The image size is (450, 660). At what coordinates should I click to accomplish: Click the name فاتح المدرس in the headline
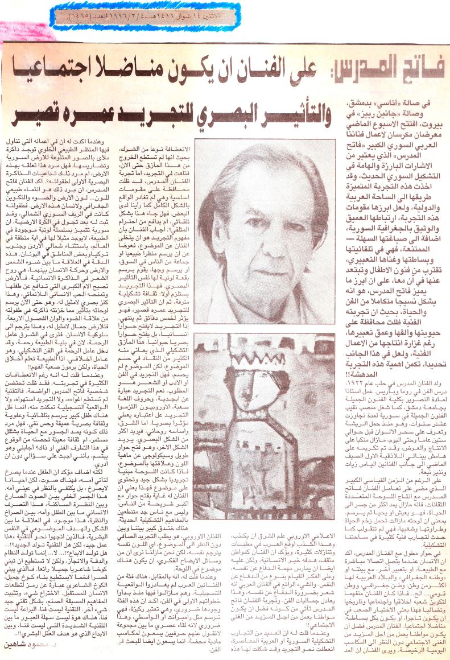point(388,71)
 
